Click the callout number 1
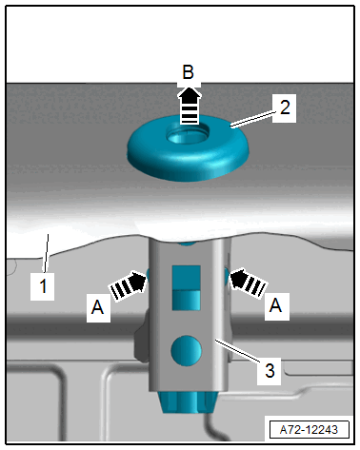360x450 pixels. (43, 285)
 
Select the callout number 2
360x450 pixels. (285, 108)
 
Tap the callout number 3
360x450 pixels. (270, 370)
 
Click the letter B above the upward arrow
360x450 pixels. (189, 72)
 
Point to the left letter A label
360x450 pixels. (97, 307)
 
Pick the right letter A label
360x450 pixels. (275, 305)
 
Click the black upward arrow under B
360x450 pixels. (190, 106)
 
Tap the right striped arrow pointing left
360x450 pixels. (248, 284)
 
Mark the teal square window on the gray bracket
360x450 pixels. (186, 287)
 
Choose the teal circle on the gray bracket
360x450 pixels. (186, 350)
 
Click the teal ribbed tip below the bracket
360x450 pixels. (188, 402)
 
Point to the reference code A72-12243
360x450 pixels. (309, 430)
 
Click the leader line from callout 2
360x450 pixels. (253, 120)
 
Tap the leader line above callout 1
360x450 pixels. (46, 253)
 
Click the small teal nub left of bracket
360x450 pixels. (148, 273)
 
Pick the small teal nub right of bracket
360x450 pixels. (227, 273)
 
